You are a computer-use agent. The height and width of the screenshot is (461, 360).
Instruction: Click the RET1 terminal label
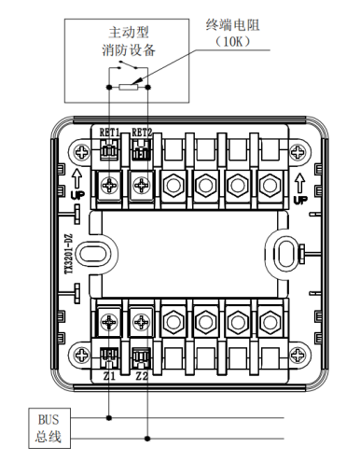coord(109,133)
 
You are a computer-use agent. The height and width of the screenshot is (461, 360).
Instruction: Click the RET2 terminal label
coord(142,133)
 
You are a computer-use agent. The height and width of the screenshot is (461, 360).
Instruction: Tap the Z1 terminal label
coord(109,376)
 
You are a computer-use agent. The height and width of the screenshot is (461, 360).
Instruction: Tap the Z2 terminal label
coord(142,376)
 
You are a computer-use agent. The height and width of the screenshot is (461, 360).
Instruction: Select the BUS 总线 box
coord(49,428)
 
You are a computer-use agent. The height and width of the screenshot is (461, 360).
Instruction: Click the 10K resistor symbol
coord(128,87)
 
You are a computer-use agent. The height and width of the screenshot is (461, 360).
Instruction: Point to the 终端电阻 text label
coord(232,25)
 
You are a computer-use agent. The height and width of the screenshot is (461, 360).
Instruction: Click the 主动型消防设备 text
coord(129,41)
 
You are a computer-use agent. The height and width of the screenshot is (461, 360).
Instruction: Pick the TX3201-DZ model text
coord(69,254)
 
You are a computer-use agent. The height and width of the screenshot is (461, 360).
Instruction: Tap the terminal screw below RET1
coord(109,186)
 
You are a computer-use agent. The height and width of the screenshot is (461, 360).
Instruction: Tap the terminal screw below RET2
coord(142,186)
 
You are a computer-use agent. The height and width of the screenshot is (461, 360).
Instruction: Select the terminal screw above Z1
coord(109,322)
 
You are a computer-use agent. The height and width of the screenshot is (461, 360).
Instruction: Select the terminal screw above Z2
coord(142,322)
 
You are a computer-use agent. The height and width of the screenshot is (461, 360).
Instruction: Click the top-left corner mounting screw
coord(82,152)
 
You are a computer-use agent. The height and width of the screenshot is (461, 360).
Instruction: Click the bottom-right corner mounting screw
coord(298,355)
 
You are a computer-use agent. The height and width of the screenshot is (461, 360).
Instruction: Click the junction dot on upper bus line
coord(109,418)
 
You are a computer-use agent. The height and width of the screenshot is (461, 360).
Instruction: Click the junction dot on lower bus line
coord(147,439)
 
